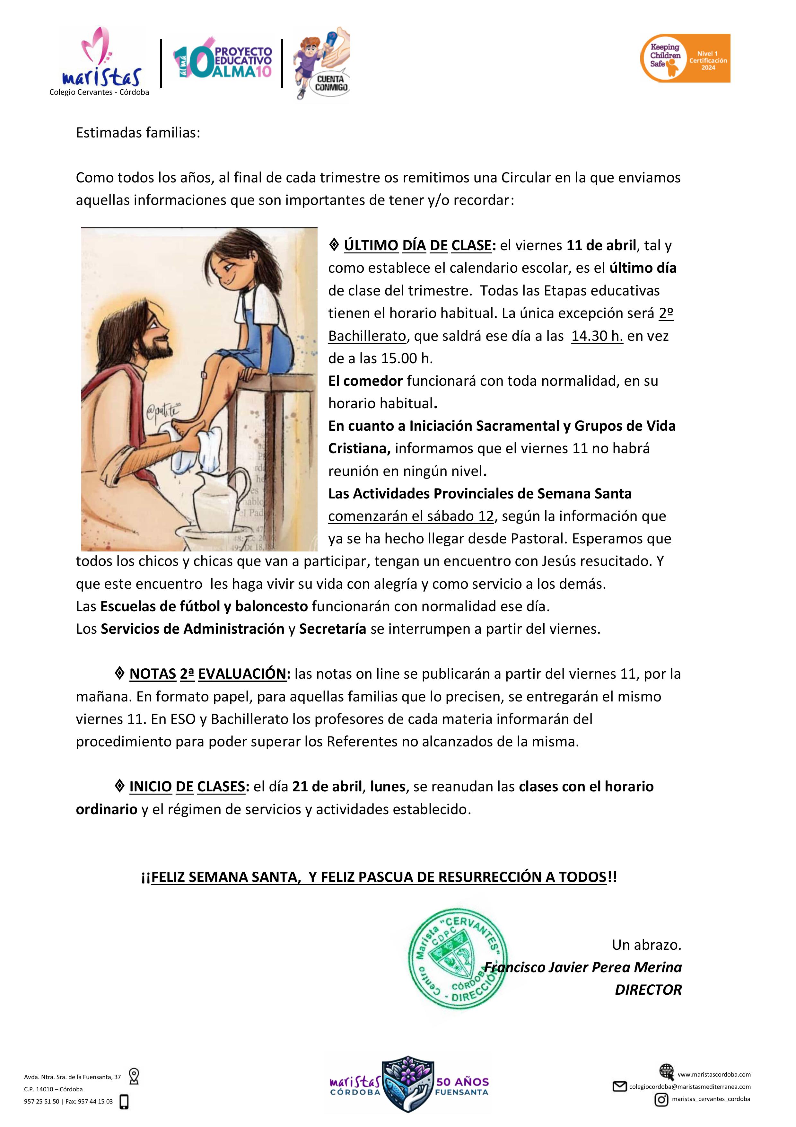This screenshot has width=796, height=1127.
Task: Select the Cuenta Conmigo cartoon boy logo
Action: click(321, 63)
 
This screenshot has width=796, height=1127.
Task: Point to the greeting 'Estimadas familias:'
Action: click(138, 133)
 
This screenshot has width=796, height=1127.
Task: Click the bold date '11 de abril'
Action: click(601, 245)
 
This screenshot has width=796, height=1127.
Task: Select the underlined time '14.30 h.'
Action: click(597, 336)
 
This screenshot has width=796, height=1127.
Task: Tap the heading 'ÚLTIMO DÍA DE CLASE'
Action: click(417, 245)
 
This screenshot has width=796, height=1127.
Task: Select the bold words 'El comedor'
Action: click(365, 381)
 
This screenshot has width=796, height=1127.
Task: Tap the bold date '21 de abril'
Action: click(327, 787)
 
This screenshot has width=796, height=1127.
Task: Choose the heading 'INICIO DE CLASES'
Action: click(187, 787)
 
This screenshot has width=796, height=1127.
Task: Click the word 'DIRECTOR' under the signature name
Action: click(648, 990)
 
